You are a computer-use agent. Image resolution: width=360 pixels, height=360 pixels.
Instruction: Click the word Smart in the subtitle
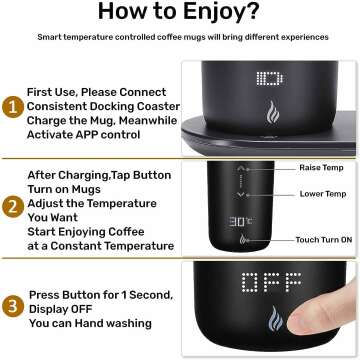52,37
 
